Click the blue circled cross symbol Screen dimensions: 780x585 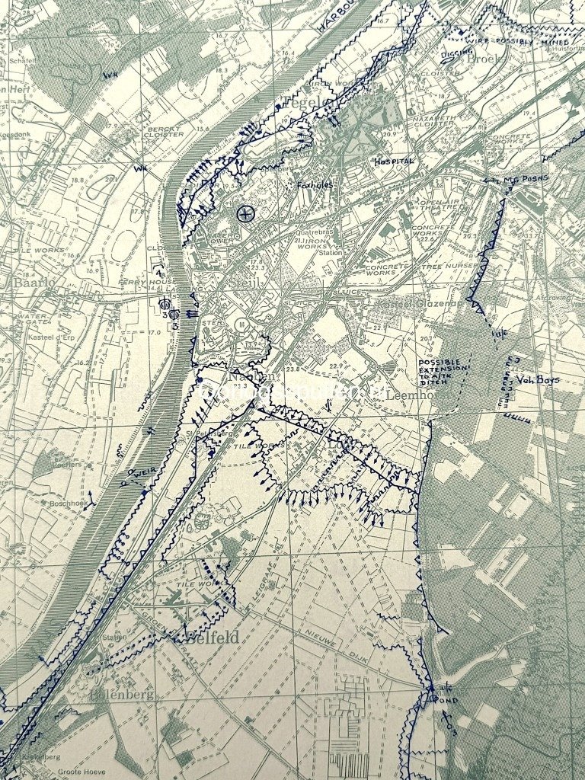click(x=245, y=214)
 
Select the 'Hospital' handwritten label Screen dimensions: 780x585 click(x=394, y=162)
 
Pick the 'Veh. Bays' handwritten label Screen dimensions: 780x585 click(x=538, y=379)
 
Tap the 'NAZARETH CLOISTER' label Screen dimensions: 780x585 click(x=433, y=123)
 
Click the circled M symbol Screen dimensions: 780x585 click(x=243, y=324)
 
